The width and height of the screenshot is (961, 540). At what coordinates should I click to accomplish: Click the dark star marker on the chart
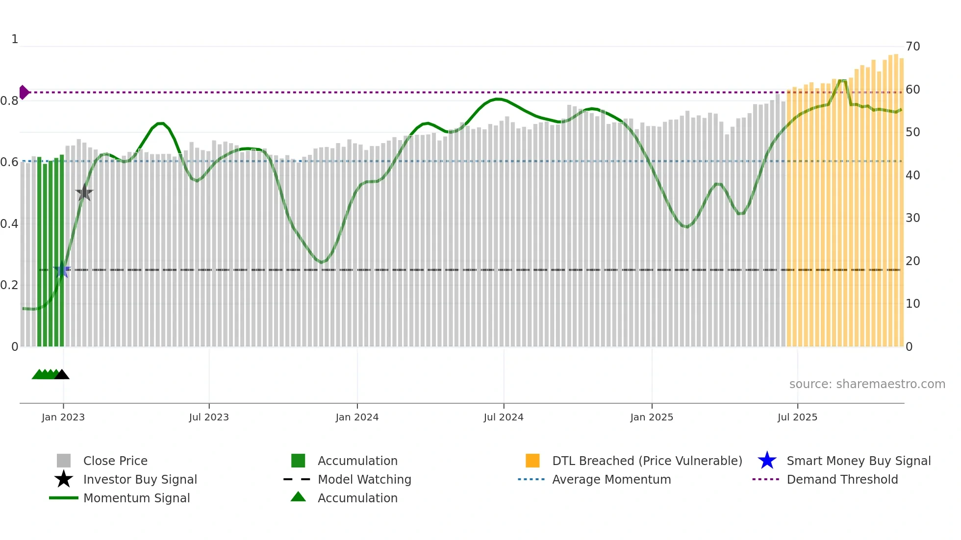click(x=84, y=193)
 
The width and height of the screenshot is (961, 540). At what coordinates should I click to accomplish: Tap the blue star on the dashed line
click(x=62, y=270)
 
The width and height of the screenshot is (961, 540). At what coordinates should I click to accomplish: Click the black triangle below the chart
click(x=62, y=375)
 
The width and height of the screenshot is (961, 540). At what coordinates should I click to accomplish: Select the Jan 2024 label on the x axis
click(x=357, y=417)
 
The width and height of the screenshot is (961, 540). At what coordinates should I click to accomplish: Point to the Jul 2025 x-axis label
click(x=797, y=417)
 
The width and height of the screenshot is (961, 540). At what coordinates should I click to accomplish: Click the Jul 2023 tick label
click(x=209, y=417)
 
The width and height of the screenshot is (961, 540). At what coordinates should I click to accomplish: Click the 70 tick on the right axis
click(x=912, y=47)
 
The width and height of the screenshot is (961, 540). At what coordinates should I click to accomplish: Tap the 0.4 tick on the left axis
click(x=9, y=224)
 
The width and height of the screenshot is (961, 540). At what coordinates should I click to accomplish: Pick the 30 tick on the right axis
click(x=912, y=218)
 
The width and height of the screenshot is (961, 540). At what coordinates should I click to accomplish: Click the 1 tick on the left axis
click(x=15, y=39)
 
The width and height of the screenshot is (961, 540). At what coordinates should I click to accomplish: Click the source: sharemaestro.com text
click(x=867, y=384)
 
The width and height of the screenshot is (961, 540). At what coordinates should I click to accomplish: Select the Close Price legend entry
click(x=115, y=461)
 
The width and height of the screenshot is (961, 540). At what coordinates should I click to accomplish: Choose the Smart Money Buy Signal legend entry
click(x=858, y=461)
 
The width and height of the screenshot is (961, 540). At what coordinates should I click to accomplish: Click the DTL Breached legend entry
click(x=647, y=461)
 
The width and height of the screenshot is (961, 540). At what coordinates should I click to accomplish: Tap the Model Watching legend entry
click(x=364, y=479)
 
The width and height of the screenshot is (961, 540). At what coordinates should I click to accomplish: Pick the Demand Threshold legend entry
click(x=842, y=479)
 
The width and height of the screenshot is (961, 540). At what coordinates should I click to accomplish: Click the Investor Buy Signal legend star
click(x=64, y=479)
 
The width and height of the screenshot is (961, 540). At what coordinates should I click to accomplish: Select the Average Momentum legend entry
click(x=611, y=479)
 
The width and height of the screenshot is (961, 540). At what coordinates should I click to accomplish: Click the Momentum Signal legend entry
click(x=136, y=498)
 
